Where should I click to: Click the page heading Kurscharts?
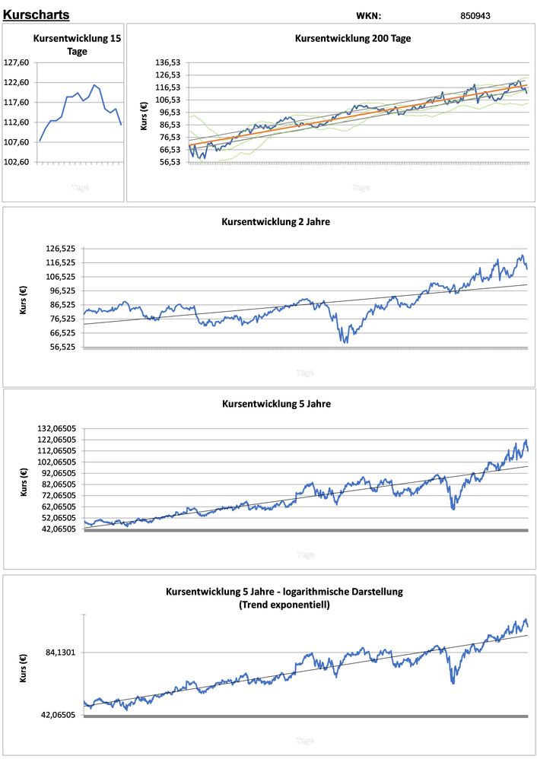(36, 14)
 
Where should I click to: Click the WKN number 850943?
(475, 15)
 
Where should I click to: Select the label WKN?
(368, 15)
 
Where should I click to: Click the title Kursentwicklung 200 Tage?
(353, 38)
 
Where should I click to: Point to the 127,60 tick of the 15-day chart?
(17, 63)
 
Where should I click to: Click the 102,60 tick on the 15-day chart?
(17, 162)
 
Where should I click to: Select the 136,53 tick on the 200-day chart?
(169, 63)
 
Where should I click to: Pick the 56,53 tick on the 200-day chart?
(169, 162)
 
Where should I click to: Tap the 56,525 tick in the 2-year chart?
(62, 347)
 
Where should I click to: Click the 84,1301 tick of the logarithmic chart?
(62, 653)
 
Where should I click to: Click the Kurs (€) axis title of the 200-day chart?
(145, 114)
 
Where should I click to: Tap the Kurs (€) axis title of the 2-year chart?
(23, 298)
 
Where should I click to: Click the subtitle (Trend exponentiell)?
(284, 605)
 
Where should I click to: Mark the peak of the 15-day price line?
(94, 84)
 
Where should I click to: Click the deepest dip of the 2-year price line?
(345, 342)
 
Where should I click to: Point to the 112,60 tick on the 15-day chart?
(17, 122)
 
